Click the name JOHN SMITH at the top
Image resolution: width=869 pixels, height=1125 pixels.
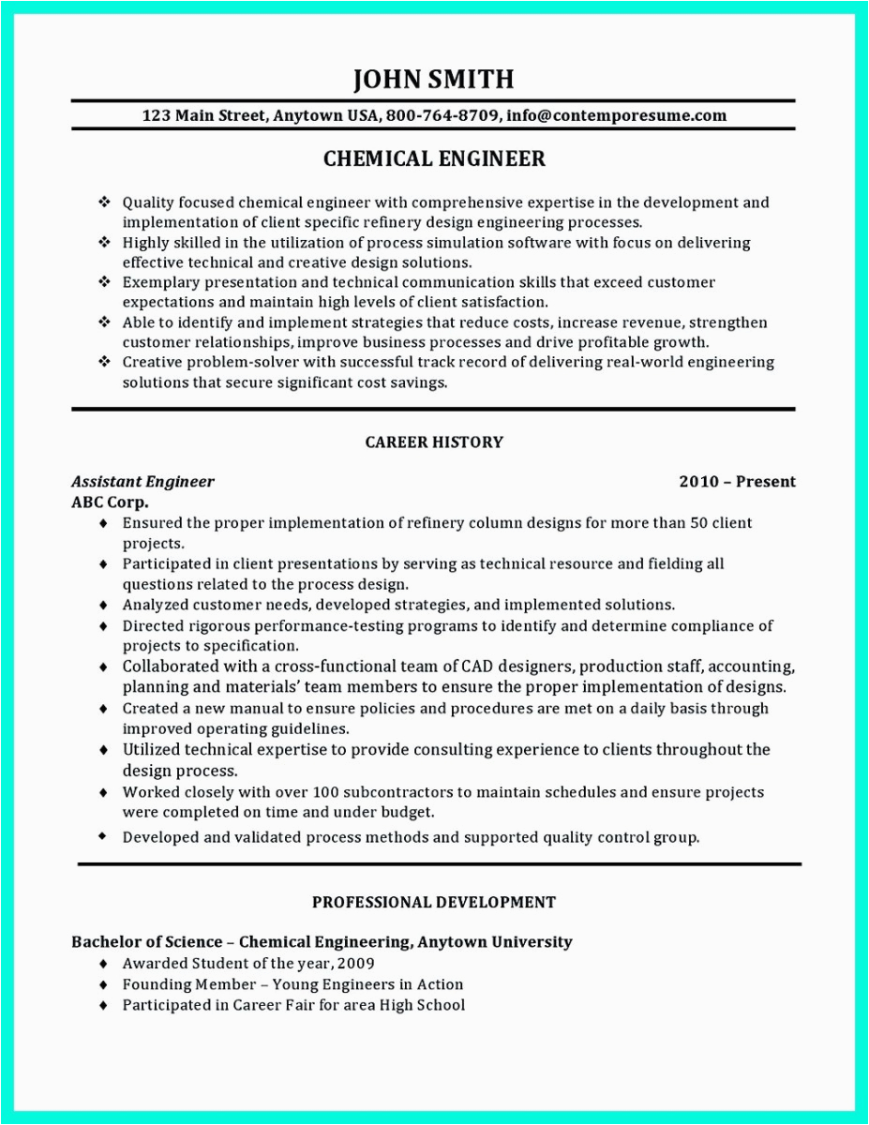(433, 80)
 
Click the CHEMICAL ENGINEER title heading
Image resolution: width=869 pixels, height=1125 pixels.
(434, 159)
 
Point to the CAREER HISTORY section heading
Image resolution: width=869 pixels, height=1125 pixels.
(434, 442)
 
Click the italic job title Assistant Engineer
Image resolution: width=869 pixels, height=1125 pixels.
(142, 482)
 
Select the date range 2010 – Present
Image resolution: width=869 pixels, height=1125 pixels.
(737, 482)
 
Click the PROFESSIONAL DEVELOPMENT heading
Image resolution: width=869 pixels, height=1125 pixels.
(434, 902)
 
